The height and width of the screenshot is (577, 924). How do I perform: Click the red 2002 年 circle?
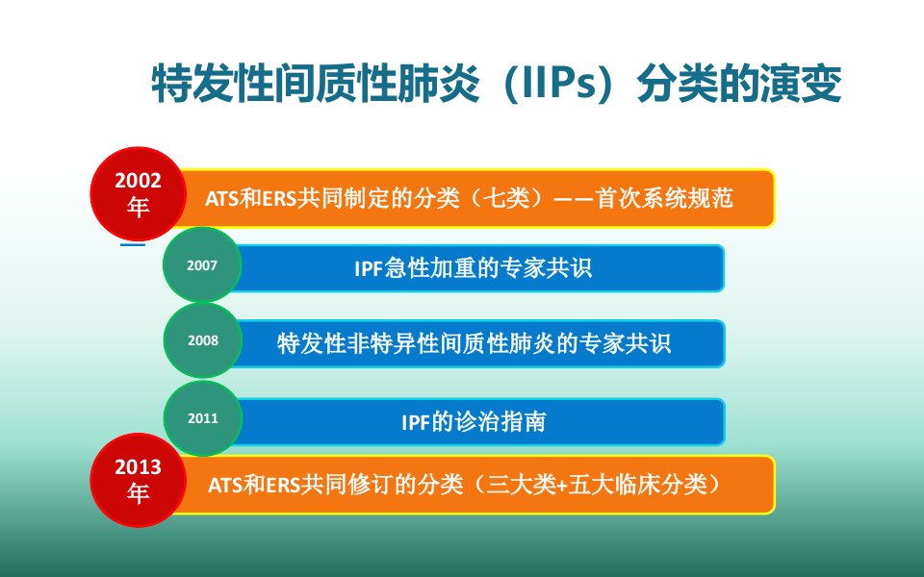[139, 193]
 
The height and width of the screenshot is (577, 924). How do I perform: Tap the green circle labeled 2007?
[202, 265]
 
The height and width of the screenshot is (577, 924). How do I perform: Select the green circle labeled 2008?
[203, 340]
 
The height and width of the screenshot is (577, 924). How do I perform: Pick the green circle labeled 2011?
[203, 418]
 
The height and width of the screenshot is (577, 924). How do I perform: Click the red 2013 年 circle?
[139, 480]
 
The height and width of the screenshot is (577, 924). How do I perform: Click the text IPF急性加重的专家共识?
[473, 268]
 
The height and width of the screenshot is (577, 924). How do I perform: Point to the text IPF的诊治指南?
[474, 421]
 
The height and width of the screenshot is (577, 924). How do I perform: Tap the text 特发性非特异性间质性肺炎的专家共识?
[474, 343]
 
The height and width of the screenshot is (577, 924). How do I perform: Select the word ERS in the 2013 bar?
[283, 486]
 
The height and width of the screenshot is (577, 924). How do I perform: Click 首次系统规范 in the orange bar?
[664, 198]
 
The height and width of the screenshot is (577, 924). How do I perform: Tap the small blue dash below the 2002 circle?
[133, 243]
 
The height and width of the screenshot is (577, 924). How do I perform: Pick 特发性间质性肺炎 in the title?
[316, 84]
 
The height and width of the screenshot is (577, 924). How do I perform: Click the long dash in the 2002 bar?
[574, 198]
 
